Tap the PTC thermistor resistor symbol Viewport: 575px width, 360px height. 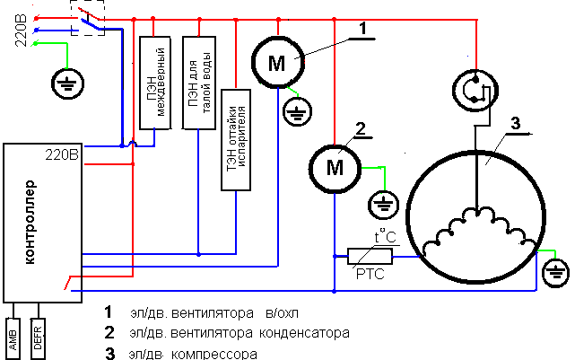[370, 256]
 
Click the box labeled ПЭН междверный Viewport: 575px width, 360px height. [155, 83]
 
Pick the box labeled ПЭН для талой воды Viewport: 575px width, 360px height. [199, 83]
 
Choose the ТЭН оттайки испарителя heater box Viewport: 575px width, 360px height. [236, 140]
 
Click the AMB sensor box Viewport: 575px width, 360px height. [13, 338]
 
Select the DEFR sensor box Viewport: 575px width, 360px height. [38, 338]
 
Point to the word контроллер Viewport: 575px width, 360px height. [30, 222]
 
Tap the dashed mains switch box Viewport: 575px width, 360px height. [88, 18]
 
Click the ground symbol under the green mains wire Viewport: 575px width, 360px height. [67, 83]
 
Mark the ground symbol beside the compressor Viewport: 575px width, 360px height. [555, 273]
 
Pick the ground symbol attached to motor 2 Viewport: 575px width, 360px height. [384, 205]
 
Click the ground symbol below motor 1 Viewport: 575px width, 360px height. [298, 111]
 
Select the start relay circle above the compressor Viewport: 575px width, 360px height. [475, 91]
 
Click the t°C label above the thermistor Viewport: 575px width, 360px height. [385, 237]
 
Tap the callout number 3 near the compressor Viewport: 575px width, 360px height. [516, 123]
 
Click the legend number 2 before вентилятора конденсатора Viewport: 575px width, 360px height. [109, 332]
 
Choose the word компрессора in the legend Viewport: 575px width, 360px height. [214, 355]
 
